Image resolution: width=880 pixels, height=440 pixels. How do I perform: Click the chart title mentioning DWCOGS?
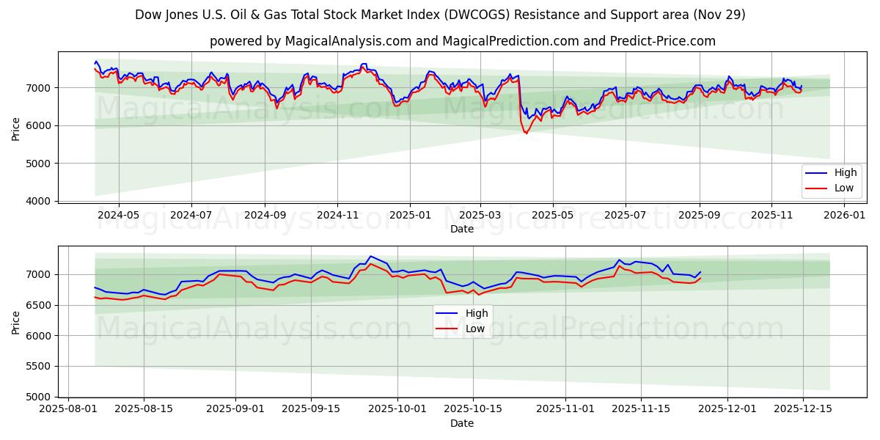pyautogui.click(x=440, y=15)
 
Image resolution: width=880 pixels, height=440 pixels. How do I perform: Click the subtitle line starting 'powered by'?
pyautogui.click(x=462, y=41)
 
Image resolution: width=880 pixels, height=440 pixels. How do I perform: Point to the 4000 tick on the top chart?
pyautogui.click(x=43, y=201)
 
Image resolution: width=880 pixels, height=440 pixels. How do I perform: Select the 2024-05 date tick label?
pyautogui.click(x=118, y=216)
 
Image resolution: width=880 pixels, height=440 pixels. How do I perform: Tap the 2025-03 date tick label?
pyautogui.click(x=480, y=216)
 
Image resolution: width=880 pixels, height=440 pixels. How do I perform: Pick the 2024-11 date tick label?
pyautogui.click(x=337, y=216)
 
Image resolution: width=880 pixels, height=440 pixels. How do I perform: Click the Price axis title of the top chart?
pyautogui.click(x=16, y=128)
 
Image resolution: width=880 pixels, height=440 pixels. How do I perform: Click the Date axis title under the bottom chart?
pyautogui.click(x=462, y=423)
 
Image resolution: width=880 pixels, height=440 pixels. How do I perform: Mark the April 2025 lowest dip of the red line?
pyautogui.click(x=526, y=133)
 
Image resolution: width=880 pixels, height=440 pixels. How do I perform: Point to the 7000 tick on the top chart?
pyautogui.click(x=43, y=88)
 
